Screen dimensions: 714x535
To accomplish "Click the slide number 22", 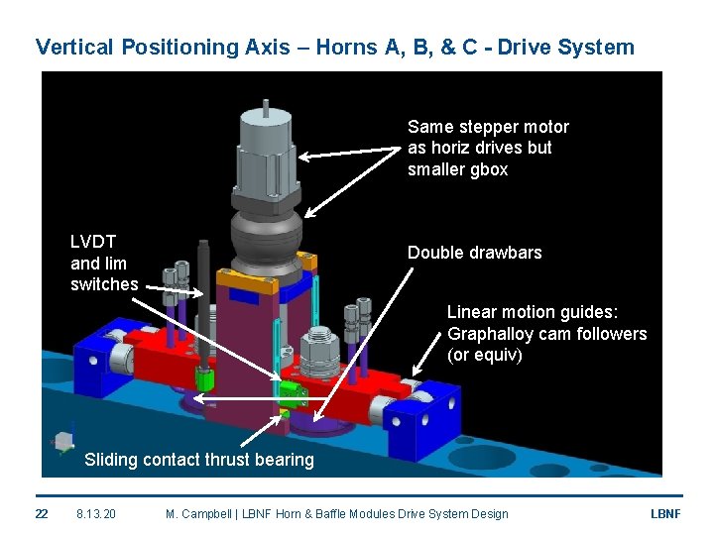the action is [x=41, y=513].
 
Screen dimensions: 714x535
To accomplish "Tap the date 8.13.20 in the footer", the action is [x=96, y=513].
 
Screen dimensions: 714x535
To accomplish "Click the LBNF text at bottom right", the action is [x=663, y=513].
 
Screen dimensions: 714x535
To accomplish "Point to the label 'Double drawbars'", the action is [x=474, y=253].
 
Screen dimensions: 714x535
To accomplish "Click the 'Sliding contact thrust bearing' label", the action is [x=198, y=459].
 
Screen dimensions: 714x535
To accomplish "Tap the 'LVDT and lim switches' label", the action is [x=103, y=263].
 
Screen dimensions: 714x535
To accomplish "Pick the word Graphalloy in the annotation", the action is [x=492, y=334].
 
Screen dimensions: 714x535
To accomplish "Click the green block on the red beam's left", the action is [x=206, y=379].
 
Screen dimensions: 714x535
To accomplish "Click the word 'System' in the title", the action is [x=599, y=47].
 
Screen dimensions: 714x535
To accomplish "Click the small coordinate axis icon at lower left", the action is [x=64, y=439].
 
